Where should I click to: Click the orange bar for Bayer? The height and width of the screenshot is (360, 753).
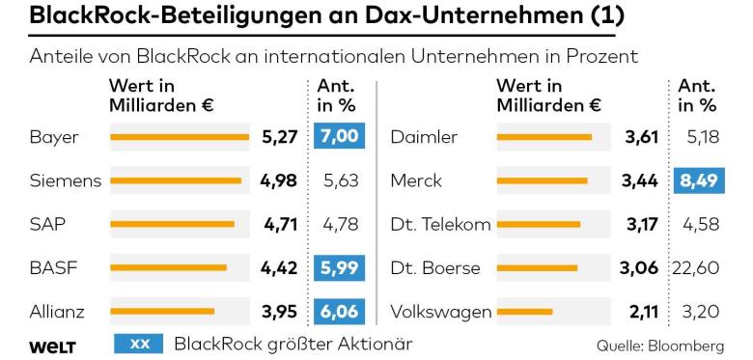pyautogui.click(x=181, y=137)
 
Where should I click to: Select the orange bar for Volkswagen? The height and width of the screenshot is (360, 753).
pyautogui.click(x=524, y=312)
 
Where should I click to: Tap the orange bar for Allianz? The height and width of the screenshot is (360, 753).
pyautogui.click(x=162, y=312)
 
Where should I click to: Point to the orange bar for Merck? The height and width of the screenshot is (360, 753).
pyautogui.click(x=542, y=180)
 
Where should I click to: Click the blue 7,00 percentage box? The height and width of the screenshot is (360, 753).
pyautogui.click(x=338, y=137)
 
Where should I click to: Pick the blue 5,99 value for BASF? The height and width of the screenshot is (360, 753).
pyautogui.click(x=338, y=267)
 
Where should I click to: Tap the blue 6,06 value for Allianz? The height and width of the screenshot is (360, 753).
pyautogui.click(x=338, y=312)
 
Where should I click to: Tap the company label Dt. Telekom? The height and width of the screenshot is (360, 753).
pyautogui.click(x=440, y=224)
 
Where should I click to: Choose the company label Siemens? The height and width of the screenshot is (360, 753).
pyautogui.click(x=65, y=180)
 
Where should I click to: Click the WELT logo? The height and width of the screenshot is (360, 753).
pyautogui.click(x=52, y=345)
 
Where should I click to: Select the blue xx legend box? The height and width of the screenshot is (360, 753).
pyautogui.click(x=138, y=344)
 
